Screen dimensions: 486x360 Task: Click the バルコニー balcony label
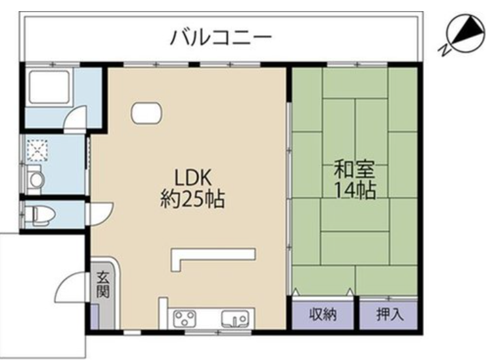click(221, 37)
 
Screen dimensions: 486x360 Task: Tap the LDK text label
click(193, 177)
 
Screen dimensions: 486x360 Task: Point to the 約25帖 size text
click(192, 199)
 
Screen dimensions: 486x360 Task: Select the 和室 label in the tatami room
click(354, 169)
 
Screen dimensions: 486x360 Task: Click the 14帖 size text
click(356, 190)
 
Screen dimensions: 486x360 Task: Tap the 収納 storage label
click(323, 314)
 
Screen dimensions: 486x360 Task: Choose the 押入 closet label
click(390, 314)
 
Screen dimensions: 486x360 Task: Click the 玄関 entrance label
click(102, 284)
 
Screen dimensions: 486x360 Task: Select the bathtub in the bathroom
click(49, 87)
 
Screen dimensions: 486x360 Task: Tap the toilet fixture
click(40, 214)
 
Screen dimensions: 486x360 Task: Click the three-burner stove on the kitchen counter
click(185, 318)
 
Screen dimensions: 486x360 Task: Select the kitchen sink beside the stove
click(235, 318)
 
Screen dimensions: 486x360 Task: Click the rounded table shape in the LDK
click(146, 113)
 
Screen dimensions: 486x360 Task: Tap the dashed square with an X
click(37, 150)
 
